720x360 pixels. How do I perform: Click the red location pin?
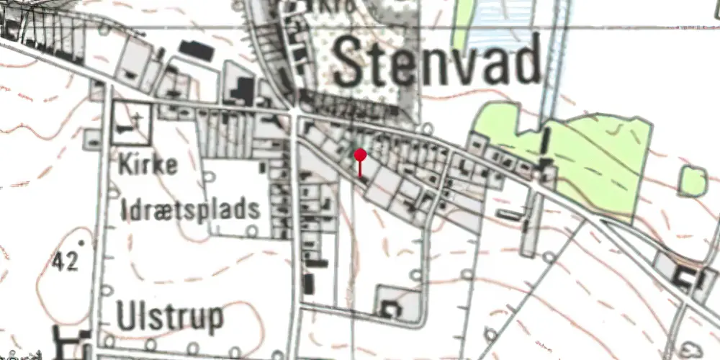[360, 155]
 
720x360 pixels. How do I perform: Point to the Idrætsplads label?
[190, 210]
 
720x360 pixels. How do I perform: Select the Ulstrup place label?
[168, 317]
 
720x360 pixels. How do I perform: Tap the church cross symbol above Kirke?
[138, 116]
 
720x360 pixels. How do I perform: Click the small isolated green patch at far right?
[693, 181]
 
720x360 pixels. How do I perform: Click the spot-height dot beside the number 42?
[81, 243]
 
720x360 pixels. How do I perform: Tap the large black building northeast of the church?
[195, 49]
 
